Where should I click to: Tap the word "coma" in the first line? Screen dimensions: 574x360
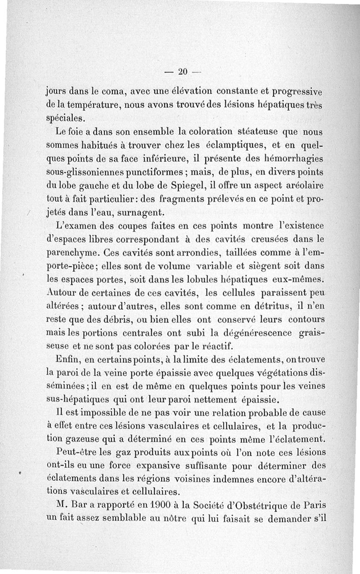click(113, 93)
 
